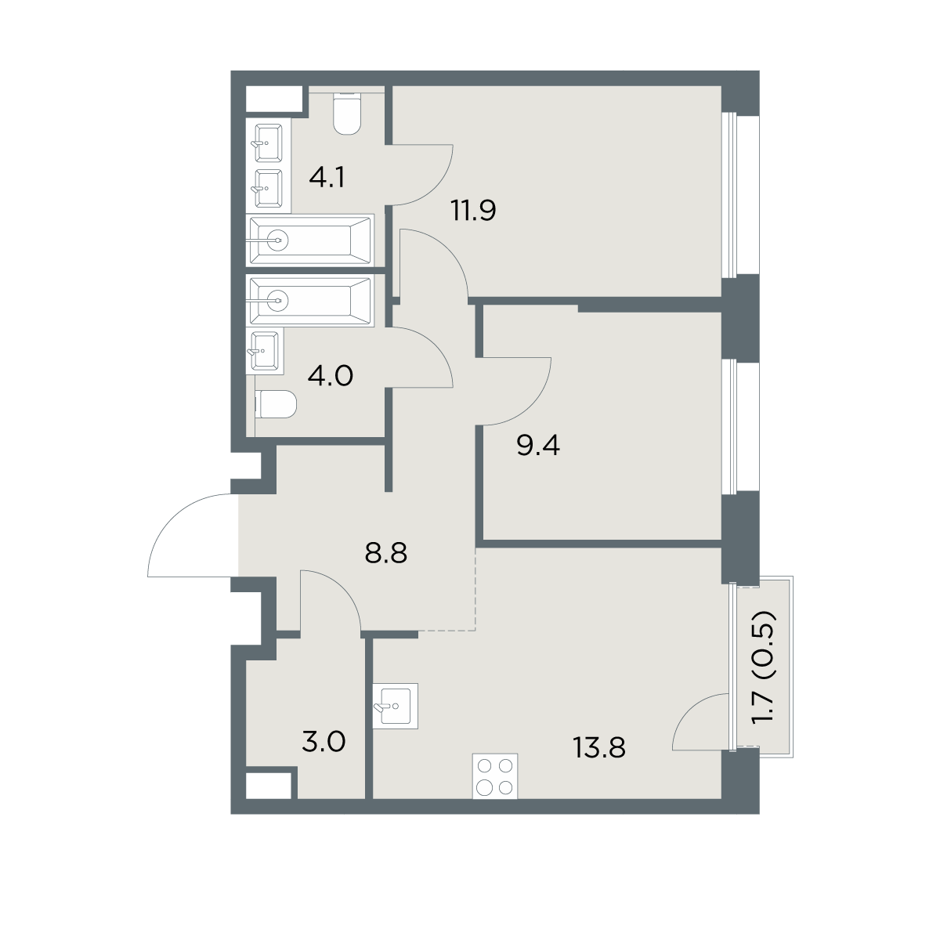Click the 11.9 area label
click(x=474, y=211)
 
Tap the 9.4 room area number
click(x=538, y=446)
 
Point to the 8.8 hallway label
click(x=386, y=553)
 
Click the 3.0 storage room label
click(x=324, y=743)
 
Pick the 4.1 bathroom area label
click(x=327, y=177)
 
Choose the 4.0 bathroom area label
click(x=331, y=376)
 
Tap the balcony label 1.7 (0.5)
click(x=763, y=673)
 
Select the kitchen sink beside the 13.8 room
click(x=395, y=706)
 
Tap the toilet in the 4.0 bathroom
click(x=276, y=404)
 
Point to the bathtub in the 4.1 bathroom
click(x=309, y=240)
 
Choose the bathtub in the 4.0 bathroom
click(x=309, y=301)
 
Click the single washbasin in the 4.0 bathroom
click(x=265, y=350)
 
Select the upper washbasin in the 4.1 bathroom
click(x=269, y=143)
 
